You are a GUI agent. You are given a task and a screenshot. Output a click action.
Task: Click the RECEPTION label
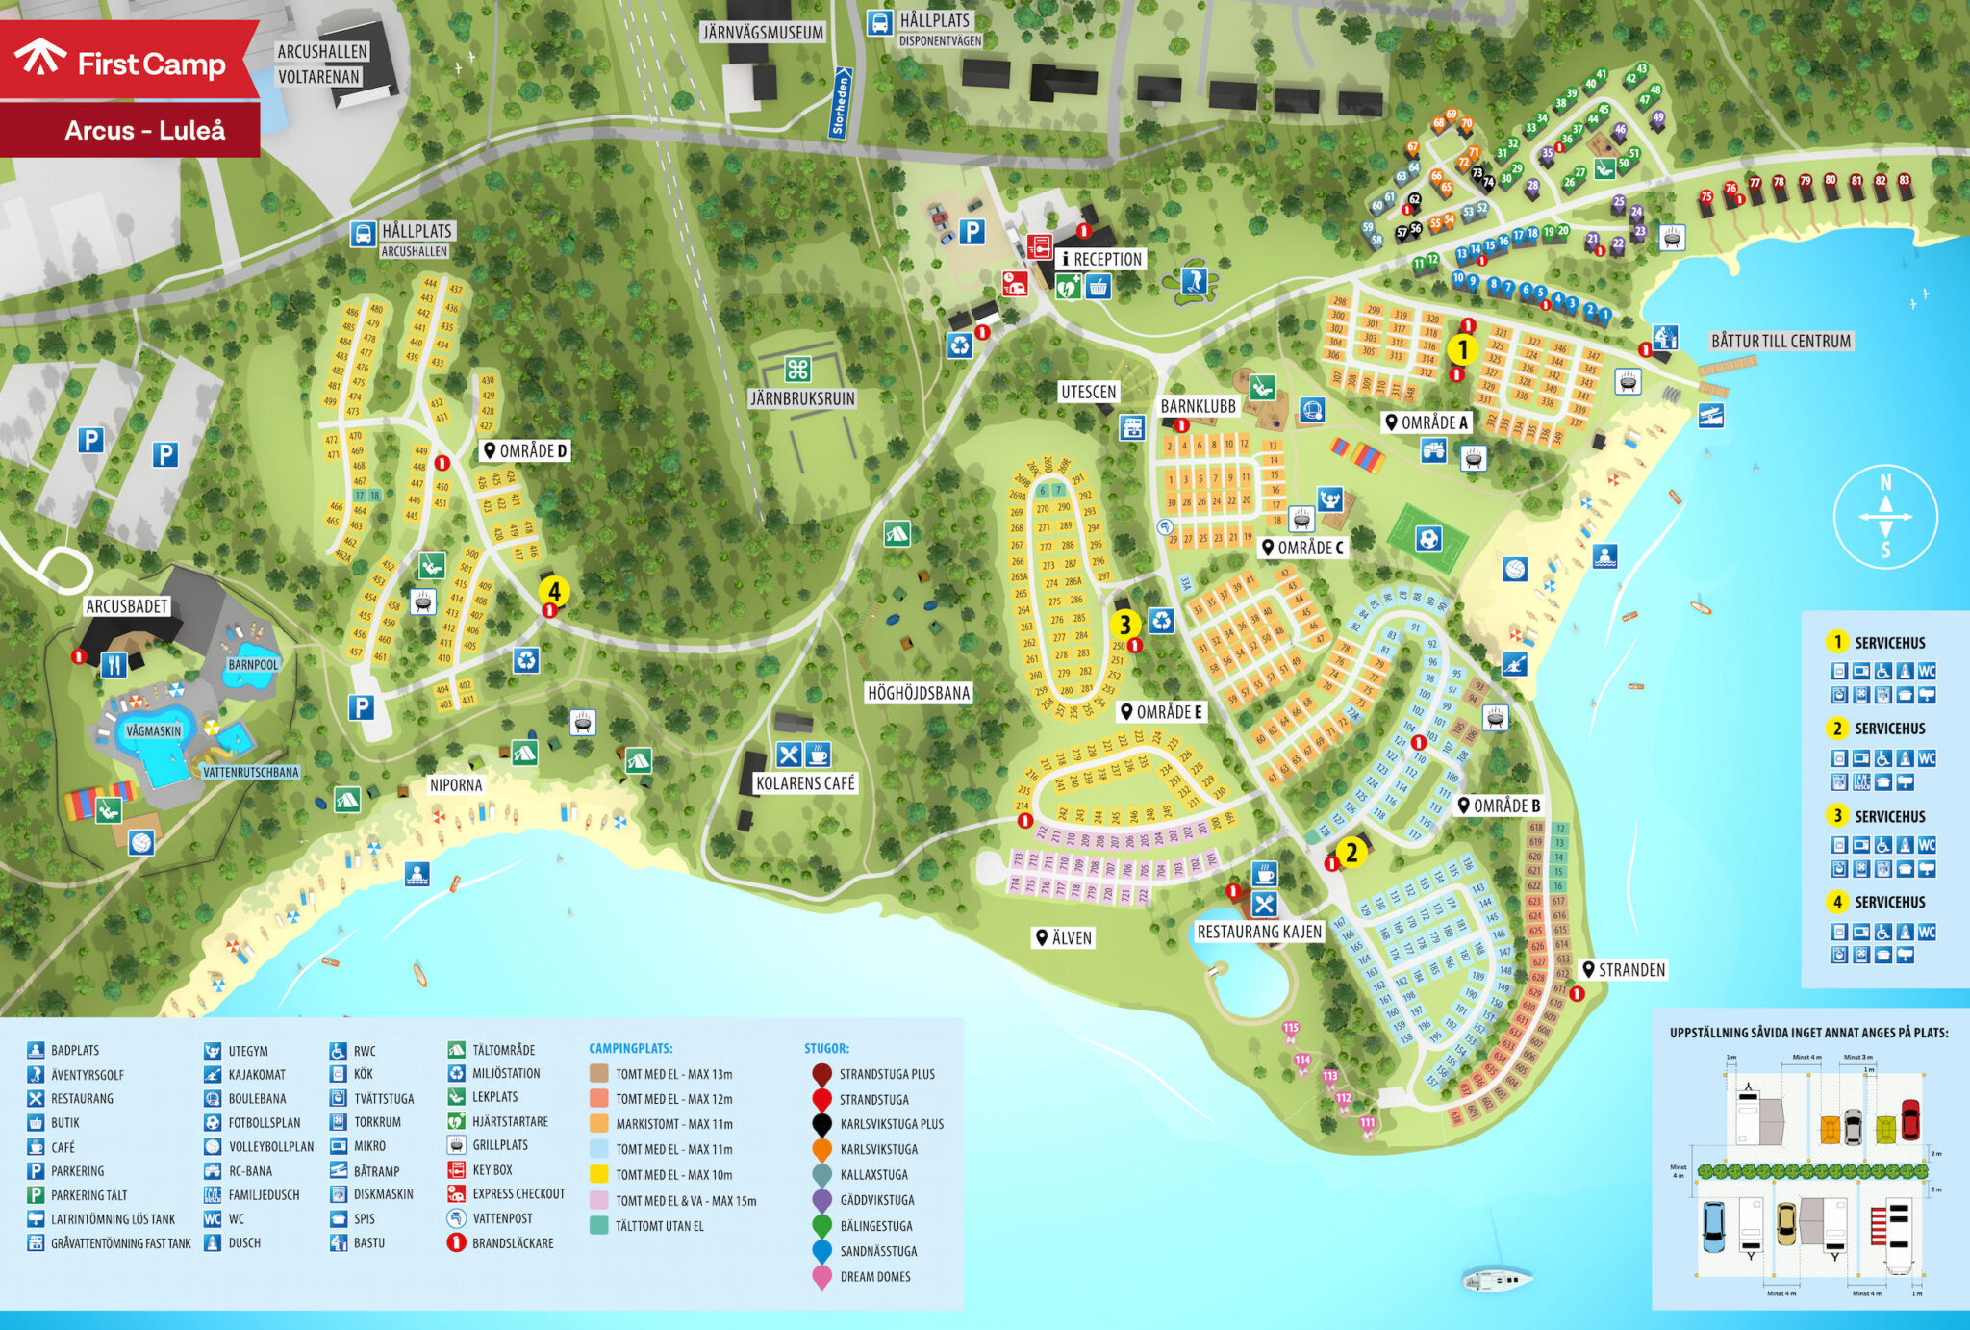click(1101, 259)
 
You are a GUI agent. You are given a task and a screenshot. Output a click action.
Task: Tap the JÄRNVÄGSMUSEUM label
click(763, 32)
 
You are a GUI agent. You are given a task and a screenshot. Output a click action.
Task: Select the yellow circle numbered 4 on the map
click(554, 591)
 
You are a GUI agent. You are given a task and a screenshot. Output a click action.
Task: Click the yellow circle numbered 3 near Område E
click(1124, 625)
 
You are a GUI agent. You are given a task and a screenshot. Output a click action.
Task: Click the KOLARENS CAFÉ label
click(805, 783)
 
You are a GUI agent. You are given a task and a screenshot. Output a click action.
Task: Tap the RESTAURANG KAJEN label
click(1259, 932)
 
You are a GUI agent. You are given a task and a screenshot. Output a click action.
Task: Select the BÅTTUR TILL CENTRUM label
click(1780, 341)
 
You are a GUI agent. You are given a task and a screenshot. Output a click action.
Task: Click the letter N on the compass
click(1885, 482)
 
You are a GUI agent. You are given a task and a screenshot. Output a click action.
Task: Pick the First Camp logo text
click(151, 64)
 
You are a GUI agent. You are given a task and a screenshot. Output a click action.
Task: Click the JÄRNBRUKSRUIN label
click(802, 398)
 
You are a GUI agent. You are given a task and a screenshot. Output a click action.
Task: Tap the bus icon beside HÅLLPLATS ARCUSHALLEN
click(363, 234)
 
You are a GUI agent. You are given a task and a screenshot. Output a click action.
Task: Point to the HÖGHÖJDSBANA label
click(919, 693)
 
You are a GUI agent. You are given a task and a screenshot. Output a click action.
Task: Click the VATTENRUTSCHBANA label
click(250, 772)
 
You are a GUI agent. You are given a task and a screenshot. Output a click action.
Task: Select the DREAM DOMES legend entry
click(874, 1277)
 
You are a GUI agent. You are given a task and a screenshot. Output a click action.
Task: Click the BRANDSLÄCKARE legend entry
click(512, 1243)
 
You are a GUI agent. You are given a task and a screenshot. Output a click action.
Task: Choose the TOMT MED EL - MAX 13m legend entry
click(673, 1074)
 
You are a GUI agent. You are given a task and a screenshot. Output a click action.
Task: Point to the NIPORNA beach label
click(456, 785)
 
